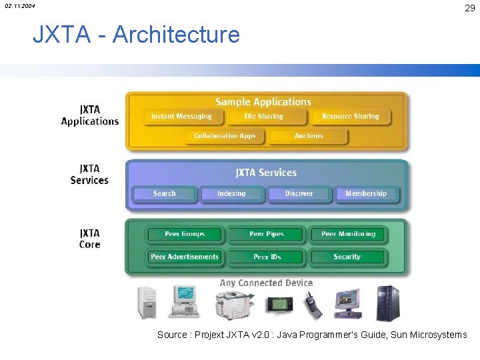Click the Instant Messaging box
pyautogui.click(x=181, y=117)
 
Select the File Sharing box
pyautogui.click(x=264, y=117)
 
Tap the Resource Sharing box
pyautogui.click(x=350, y=117)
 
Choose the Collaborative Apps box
pyautogui.click(x=225, y=136)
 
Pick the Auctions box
pyautogui.click(x=309, y=136)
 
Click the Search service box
pyautogui.click(x=164, y=194)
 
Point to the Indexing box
pyautogui.click(x=231, y=194)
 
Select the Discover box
pyautogui.click(x=299, y=194)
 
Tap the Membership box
pyautogui.click(x=365, y=194)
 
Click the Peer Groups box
pyautogui.click(x=185, y=235)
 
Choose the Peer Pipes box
pyautogui.click(x=267, y=235)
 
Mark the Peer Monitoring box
pyautogui.click(x=348, y=235)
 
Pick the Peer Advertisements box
pyautogui.click(x=185, y=257)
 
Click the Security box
pyautogui.click(x=347, y=257)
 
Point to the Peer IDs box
pyautogui.click(x=267, y=257)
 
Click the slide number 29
pyautogui.click(x=469, y=8)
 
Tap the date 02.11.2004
pyautogui.click(x=20, y=6)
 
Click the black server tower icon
pyautogui.click(x=387, y=303)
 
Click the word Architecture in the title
pyautogui.click(x=176, y=34)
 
